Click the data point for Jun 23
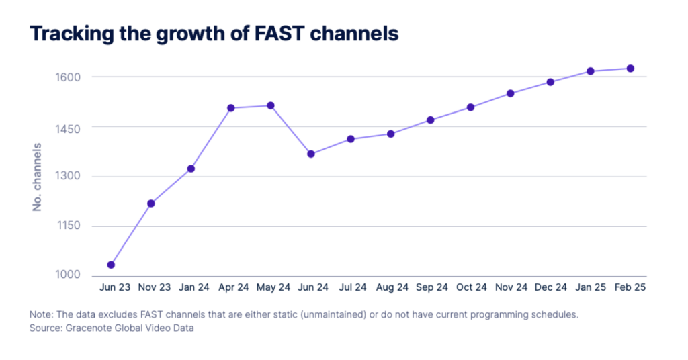point(111,265)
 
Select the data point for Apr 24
point(230,108)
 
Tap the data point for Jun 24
point(311,154)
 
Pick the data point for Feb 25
point(630,69)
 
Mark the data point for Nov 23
point(151,204)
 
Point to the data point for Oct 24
point(471,107)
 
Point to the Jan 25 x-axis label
point(591,287)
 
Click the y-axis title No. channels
point(38,177)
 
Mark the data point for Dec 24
point(550,82)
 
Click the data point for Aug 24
point(390,134)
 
